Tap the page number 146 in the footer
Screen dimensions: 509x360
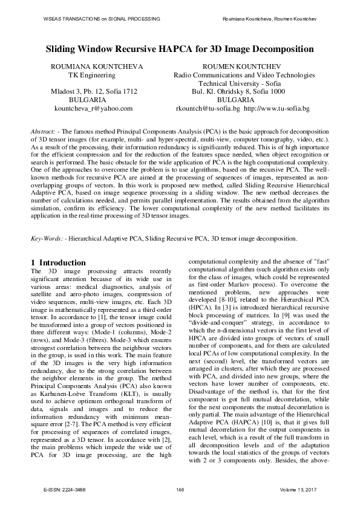coord(180,488)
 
